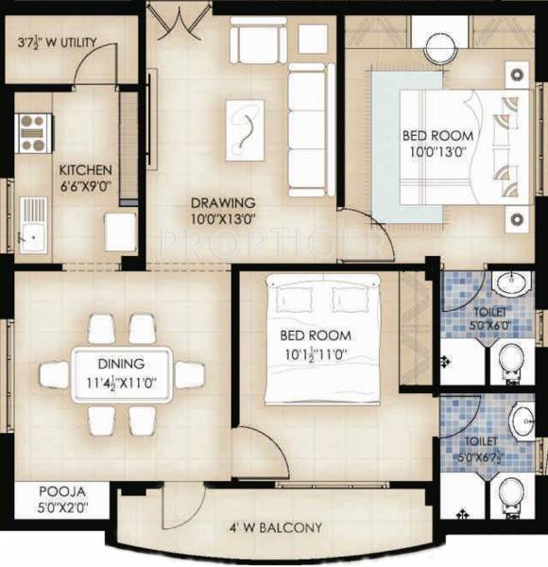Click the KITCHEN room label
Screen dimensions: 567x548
pyautogui.click(x=86, y=169)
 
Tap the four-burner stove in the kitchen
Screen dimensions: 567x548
pyautogui.click(x=33, y=133)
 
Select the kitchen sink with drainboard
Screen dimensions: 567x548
pyautogui.click(x=32, y=224)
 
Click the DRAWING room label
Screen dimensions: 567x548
pyautogui.click(x=223, y=202)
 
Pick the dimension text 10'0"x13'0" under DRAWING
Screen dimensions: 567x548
pyautogui.click(x=223, y=220)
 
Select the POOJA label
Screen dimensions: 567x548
pyautogui.click(x=62, y=492)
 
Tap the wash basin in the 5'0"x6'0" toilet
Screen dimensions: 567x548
pyautogui.click(x=511, y=283)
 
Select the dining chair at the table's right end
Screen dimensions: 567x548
pyautogui.click(x=189, y=374)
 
